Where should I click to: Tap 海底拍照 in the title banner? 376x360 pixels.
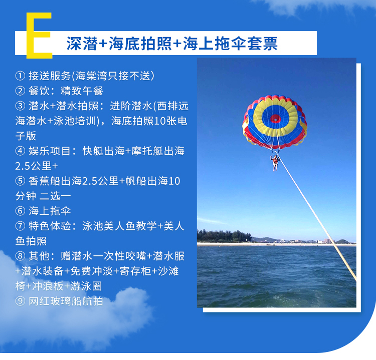(x=140, y=44)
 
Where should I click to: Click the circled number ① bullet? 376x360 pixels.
(x=21, y=76)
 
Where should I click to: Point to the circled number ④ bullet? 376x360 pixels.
(x=21, y=151)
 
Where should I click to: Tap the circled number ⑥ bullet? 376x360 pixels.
(x=21, y=211)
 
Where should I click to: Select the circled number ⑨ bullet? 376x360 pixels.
(x=21, y=301)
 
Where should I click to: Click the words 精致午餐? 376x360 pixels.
(x=82, y=91)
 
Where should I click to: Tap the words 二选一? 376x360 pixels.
(x=55, y=196)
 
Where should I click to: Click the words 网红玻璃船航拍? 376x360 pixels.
(x=66, y=301)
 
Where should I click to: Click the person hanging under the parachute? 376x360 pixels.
(x=275, y=163)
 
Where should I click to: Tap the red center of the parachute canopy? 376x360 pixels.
(x=275, y=119)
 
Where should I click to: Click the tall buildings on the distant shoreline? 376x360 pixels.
(x=328, y=241)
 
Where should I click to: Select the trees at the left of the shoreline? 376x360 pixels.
(x=224, y=236)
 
